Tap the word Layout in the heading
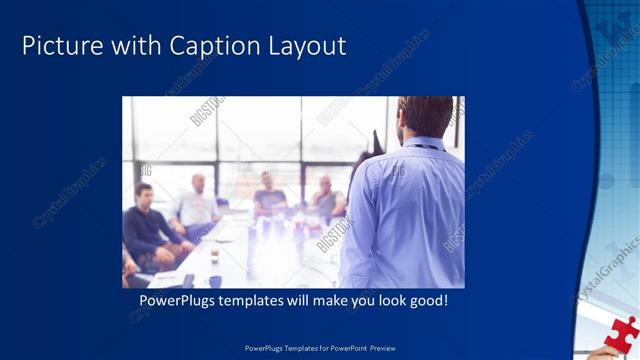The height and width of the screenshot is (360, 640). pos(307,46)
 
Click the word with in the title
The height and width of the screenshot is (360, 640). pos(133,46)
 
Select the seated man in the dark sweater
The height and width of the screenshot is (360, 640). pos(148,228)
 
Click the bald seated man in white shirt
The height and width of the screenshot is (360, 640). pos(198,205)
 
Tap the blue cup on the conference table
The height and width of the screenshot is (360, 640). pos(215,281)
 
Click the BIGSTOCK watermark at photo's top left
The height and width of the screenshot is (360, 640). pos(208,110)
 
